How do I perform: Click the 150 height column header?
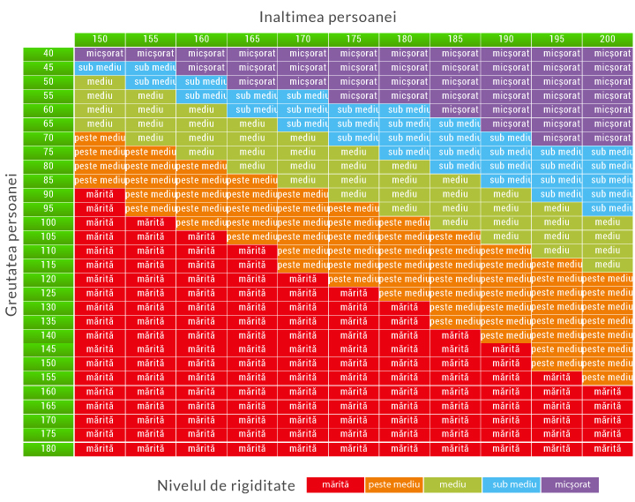[x=100, y=39]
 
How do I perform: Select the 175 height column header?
[x=354, y=39]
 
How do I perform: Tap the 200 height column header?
[x=608, y=39]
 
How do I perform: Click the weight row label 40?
[x=49, y=53]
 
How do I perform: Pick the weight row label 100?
[x=49, y=222]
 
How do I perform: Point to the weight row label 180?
[x=49, y=448]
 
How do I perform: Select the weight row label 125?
[x=49, y=293]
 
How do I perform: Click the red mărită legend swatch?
[x=335, y=484]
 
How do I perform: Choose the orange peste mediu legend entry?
[x=394, y=484]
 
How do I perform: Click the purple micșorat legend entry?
[x=570, y=484]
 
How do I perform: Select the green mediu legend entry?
[x=452, y=484]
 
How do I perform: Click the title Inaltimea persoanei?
[x=327, y=17]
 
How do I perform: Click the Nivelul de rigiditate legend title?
[x=226, y=485]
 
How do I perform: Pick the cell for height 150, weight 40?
[x=100, y=53]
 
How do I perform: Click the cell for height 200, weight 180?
[x=608, y=448]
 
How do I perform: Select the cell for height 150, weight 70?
[x=100, y=138]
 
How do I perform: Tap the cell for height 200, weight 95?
[x=608, y=208]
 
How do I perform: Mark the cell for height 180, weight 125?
[x=404, y=293]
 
